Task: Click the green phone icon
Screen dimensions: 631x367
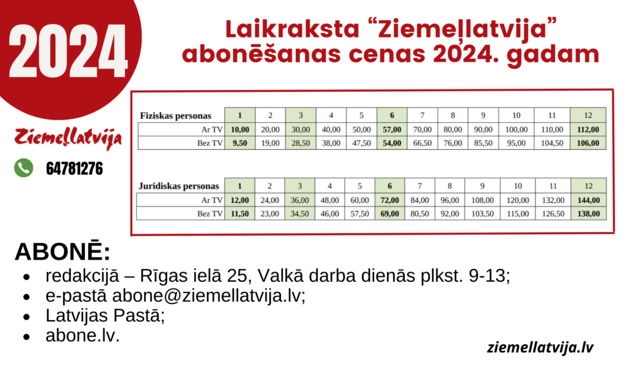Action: click(24, 168)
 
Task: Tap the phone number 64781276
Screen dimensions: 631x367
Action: click(75, 168)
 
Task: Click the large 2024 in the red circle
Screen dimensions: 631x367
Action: click(68, 51)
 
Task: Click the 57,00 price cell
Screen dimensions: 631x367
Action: click(392, 130)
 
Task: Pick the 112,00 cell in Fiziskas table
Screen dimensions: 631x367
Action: click(588, 130)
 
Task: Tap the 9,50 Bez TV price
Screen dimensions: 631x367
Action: click(240, 143)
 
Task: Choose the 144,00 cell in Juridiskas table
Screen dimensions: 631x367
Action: click(588, 200)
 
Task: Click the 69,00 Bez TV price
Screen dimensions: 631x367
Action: click(389, 214)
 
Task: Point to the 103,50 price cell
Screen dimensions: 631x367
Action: click(482, 214)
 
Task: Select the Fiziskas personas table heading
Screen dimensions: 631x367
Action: click(176, 116)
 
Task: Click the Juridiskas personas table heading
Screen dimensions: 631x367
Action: click(179, 186)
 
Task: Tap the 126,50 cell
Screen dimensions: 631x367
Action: click(553, 214)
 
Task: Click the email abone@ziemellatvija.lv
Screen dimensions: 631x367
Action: click(208, 295)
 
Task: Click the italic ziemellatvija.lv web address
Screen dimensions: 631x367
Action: click(540, 347)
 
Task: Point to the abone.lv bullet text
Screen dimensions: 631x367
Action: click(83, 335)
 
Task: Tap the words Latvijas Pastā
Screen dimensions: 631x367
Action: click(105, 315)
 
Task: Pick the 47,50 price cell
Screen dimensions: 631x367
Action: click(361, 143)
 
